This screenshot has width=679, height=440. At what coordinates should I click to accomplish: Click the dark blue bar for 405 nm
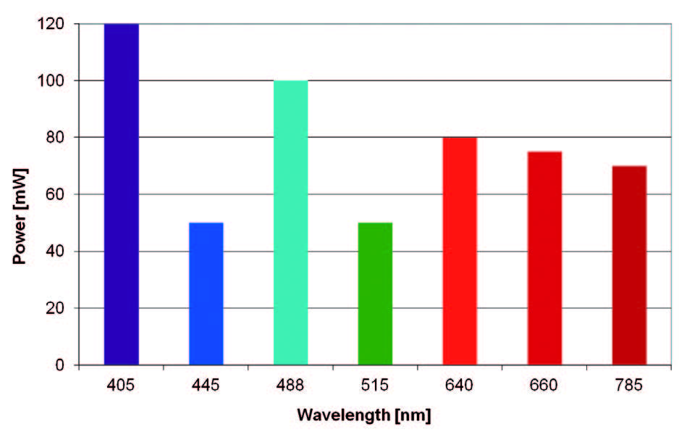click(121, 194)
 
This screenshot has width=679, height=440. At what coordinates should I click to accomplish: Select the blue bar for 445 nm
click(206, 294)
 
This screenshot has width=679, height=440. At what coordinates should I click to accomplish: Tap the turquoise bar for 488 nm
click(290, 223)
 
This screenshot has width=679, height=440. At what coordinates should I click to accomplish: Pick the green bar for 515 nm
click(375, 294)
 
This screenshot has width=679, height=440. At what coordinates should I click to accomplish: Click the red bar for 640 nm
click(460, 251)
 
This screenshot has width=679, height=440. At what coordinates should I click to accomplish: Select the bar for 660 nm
click(544, 258)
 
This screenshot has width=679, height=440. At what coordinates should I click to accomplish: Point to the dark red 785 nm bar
click(629, 265)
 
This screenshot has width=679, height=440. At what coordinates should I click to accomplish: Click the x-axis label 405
click(121, 385)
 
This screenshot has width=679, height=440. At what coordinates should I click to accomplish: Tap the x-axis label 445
click(206, 385)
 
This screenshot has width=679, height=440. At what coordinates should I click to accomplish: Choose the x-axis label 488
click(290, 385)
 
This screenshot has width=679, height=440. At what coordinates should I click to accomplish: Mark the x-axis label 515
click(375, 385)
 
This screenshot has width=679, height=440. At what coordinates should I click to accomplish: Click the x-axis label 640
click(460, 385)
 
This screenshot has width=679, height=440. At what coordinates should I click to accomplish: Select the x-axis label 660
click(544, 385)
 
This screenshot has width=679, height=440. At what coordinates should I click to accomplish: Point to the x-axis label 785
click(629, 385)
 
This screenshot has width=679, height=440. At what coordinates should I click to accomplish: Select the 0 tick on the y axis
click(62, 365)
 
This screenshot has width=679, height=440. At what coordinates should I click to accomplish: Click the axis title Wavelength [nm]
click(363, 416)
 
